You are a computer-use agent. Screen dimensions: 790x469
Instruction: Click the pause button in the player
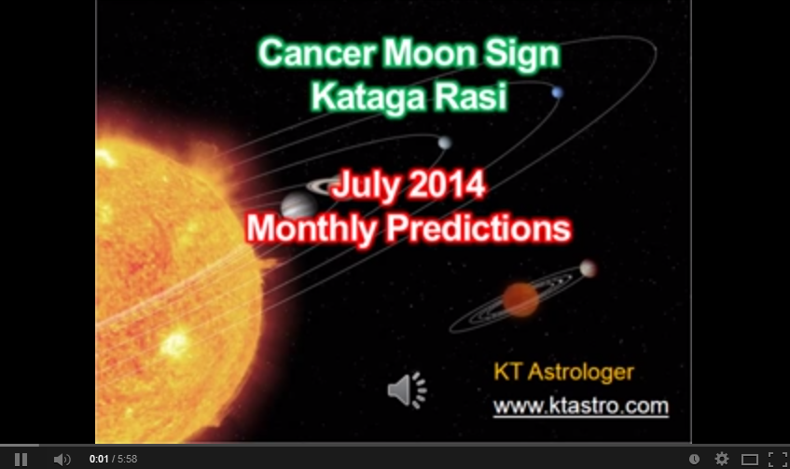click(x=21, y=459)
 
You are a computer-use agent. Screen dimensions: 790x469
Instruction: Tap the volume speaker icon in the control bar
click(x=62, y=459)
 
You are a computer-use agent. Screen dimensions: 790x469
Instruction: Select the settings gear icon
click(x=722, y=459)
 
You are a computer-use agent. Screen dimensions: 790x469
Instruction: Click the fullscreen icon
click(x=777, y=459)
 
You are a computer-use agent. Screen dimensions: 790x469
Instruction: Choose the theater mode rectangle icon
click(x=750, y=459)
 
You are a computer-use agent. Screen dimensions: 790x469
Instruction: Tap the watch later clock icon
click(x=694, y=459)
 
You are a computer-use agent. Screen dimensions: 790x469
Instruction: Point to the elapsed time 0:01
click(x=99, y=459)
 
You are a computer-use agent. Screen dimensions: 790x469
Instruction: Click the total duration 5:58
click(x=128, y=459)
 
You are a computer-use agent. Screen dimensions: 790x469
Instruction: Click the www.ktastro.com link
click(x=580, y=406)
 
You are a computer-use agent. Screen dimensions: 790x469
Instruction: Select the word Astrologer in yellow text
click(x=580, y=372)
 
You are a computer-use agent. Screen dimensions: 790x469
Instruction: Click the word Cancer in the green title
click(x=317, y=53)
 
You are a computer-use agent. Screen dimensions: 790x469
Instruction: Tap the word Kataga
click(x=368, y=97)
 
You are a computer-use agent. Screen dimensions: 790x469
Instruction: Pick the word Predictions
click(x=478, y=229)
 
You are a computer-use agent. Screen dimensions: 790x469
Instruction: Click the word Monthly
click(x=312, y=229)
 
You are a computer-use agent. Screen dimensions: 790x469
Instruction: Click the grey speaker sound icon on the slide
click(x=407, y=390)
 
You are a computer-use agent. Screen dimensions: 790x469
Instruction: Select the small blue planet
click(x=557, y=92)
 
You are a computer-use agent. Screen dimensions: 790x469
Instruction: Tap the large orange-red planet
click(x=521, y=299)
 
